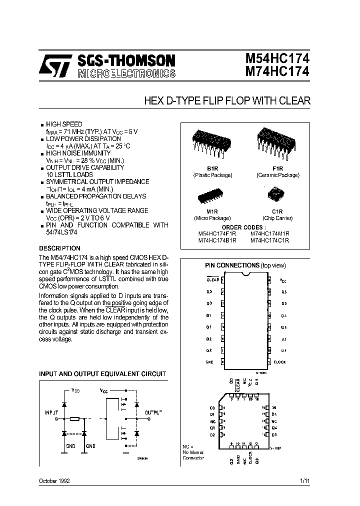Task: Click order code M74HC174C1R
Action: point(269,240)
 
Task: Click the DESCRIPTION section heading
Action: point(59,248)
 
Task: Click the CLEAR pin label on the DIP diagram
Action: point(212,280)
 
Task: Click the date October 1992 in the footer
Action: point(54,480)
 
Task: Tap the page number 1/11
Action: point(305,480)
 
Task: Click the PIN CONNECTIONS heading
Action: point(232,265)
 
